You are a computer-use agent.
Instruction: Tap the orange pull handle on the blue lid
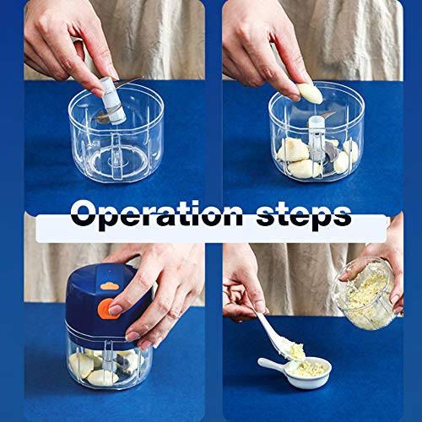[108, 307]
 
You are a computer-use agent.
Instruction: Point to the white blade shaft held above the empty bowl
[107, 99]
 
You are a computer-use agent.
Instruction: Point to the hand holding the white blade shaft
[68, 38]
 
